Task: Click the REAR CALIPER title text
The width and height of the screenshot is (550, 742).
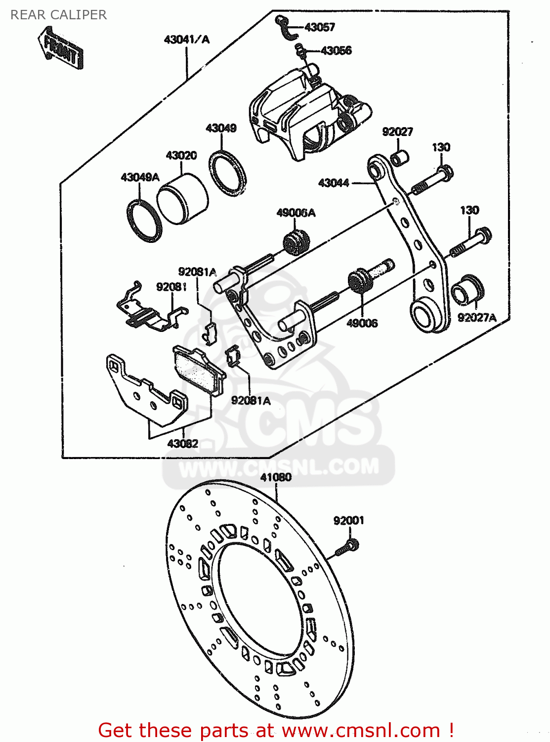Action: (x=58, y=15)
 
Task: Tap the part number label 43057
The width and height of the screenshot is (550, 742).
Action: (x=320, y=27)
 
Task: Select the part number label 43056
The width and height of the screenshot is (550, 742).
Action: (x=336, y=50)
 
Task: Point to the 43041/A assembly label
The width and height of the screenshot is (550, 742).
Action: (x=186, y=40)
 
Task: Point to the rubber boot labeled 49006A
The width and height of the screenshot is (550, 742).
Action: (x=296, y=242)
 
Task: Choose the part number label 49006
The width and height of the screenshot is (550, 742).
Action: (x=362, y=324)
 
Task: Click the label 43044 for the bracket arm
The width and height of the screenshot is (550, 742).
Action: (x=334, y=183)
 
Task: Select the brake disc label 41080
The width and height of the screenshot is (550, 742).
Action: (x=276, y=477)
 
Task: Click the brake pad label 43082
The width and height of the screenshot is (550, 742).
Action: (x=182, y=444)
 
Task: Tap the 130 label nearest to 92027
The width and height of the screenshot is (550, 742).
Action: (x=441, y=147)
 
